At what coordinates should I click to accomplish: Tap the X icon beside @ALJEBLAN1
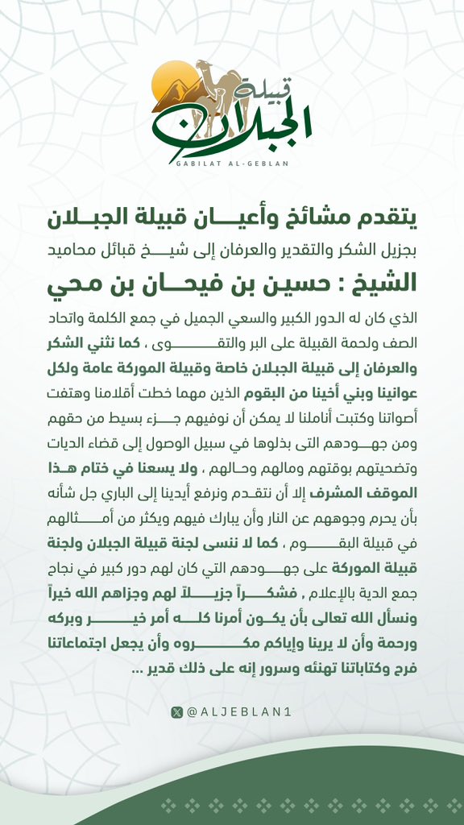tap(177, 712)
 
